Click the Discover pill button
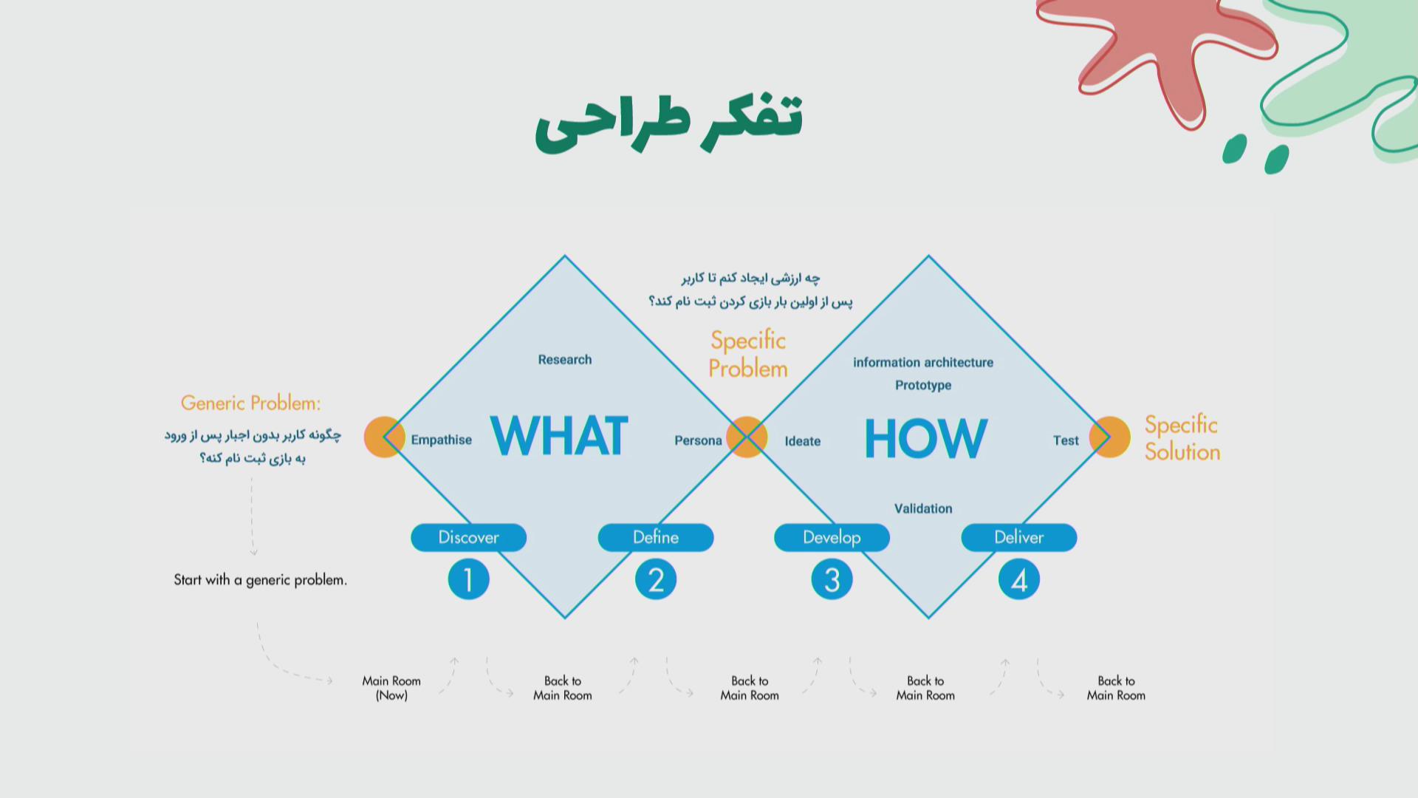coord(469,537)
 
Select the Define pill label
coord(656,537)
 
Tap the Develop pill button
coord(832,537)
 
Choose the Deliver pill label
coord(1019,537)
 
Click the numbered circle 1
coord(469,580)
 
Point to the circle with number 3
coord(832,580)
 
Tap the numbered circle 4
coord(1019,580)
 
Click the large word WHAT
coord(559,436)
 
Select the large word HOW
coord(925,438)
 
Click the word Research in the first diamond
coord(565,360)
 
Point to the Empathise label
coord(442,440)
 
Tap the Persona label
coord(698,441)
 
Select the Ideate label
coord(803,441)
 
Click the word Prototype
coord(923,385)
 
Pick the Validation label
coord(923,508)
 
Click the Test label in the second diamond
coord(1066,440)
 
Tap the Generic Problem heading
coord(251,403)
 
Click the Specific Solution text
coord(1182,438)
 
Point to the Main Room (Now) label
coord(391,688)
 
